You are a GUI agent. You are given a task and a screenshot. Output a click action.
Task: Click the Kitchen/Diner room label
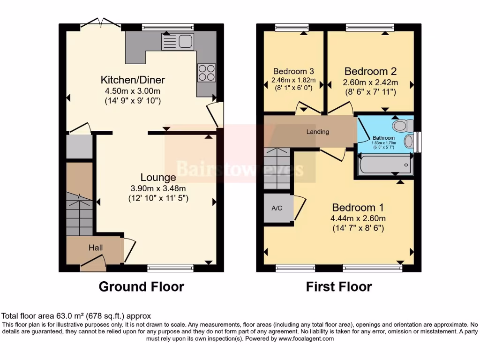tap(134, 79)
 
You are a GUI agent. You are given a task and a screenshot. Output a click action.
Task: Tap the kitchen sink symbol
tap(178, 42)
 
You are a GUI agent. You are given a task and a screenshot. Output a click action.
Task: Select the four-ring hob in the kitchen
tap(206, 73)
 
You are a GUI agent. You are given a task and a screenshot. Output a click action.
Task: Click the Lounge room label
tap(158, 177)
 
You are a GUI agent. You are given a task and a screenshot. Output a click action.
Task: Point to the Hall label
tap(96, 247)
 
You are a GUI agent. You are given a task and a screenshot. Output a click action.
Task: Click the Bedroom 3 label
tap(293, 71)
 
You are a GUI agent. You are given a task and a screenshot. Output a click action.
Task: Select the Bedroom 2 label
tap(370, 71)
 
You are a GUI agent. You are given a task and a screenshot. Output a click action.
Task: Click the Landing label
tap(318, 132)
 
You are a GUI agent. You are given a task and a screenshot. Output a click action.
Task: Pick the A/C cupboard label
tap(277, 208)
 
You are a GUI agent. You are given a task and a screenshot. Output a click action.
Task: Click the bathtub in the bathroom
tap(384, 165)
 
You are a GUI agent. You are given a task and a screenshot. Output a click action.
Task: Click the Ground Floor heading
tap(141, 286)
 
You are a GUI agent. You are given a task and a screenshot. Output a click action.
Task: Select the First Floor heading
tap(339, 286)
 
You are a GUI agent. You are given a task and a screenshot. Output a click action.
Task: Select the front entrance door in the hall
tap(92, 265)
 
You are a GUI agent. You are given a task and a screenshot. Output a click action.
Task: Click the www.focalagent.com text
tap(307, 338)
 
